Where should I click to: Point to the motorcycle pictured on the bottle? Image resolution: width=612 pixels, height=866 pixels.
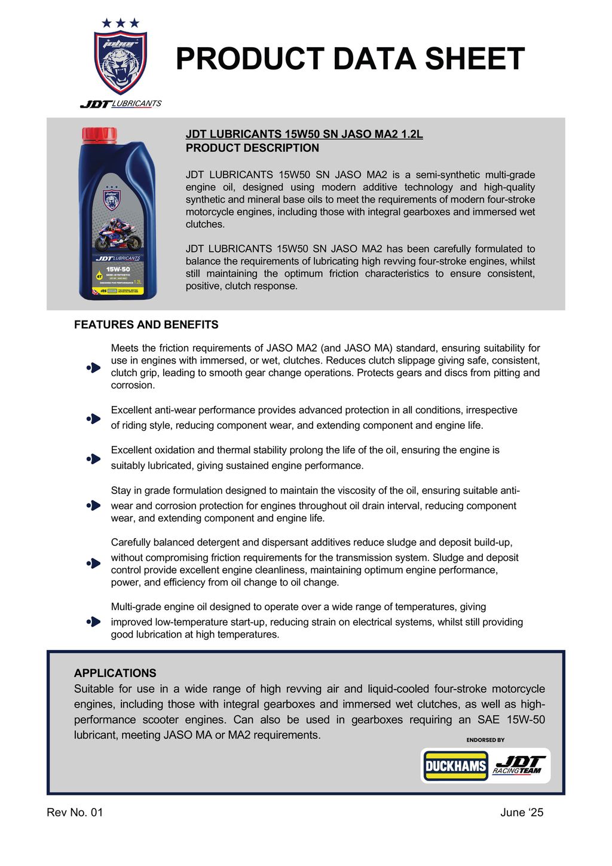click(x=118, y=236)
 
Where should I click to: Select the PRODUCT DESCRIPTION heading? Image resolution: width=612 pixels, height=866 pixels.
click(x=252, y=148)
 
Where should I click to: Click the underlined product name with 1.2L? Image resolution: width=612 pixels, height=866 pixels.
click(x=304, y=134)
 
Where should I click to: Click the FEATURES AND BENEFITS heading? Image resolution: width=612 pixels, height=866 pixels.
click(x=146, y=325)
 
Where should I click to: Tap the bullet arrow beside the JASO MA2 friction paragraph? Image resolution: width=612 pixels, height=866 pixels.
click(x=94, y=367)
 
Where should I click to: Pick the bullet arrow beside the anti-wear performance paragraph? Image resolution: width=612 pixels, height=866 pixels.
click(x=94, y=419)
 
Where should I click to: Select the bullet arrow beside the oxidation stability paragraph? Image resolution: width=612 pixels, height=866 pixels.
click(x=94, y=459)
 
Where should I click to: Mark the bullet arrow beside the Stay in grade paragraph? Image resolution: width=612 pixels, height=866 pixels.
click(x=94, y=505)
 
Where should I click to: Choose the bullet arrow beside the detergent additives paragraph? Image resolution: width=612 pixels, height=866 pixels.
click(x=94, y=563)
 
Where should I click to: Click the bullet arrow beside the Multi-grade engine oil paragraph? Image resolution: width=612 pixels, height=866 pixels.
click(x=94, y=621)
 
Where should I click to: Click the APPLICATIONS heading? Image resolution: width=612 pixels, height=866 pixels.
click(x=115, y=673)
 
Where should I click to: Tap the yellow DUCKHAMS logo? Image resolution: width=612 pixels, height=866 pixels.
click(x=456, y=766)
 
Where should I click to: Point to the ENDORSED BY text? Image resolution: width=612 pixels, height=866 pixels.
click(x=485, y=740)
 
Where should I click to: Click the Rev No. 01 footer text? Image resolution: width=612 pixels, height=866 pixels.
click(x=75, y=812)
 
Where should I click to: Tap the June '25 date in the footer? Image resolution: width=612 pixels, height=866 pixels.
click(x=522, y=812)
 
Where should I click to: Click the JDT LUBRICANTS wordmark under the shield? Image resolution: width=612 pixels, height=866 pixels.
click(x=121, y=103)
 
